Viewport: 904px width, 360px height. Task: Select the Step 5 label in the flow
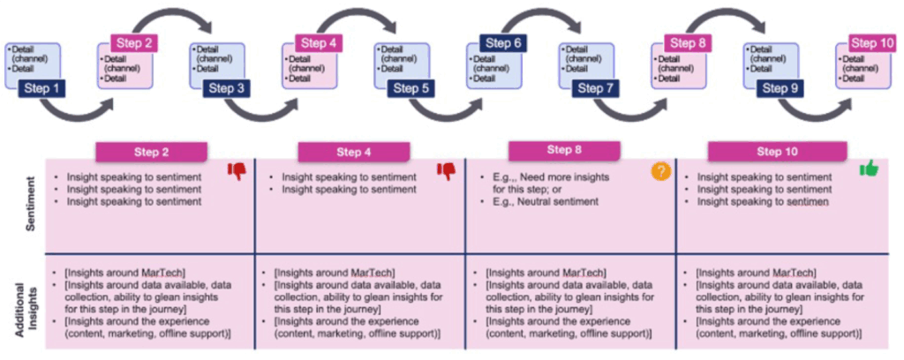click(x=411, y=88)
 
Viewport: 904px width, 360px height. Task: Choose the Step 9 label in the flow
click(x=780, y=88)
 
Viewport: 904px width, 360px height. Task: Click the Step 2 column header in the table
click(x=152, y=153)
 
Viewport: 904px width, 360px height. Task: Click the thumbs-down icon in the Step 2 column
click(x=237, y=171)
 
